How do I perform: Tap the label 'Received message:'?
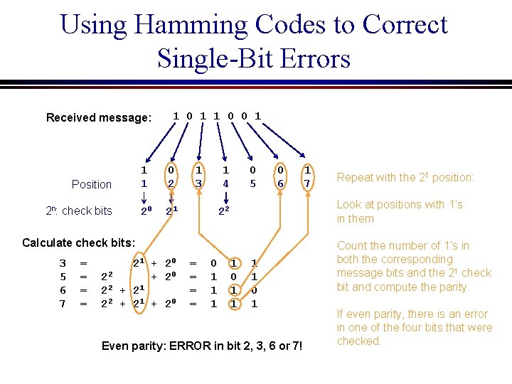(x=99, y=117)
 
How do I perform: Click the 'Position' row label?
(x=92, y=184)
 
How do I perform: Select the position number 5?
(x=252, y=183)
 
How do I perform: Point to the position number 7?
(x=307, y=183)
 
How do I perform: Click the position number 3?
(x=199, y=183)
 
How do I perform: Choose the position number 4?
(x=225, y=183)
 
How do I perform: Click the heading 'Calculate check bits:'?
(x=78, y=242)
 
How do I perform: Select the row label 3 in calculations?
(x=63, y=264)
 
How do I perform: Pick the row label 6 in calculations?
(x=63, y=290)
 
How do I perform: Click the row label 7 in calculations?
(x=63, y=304)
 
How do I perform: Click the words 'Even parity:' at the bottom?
(x=133, y=346)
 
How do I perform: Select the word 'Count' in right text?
(x=353, y=246)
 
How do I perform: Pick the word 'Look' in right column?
(x=351, y=205)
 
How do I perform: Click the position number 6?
(x=281, y=183)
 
